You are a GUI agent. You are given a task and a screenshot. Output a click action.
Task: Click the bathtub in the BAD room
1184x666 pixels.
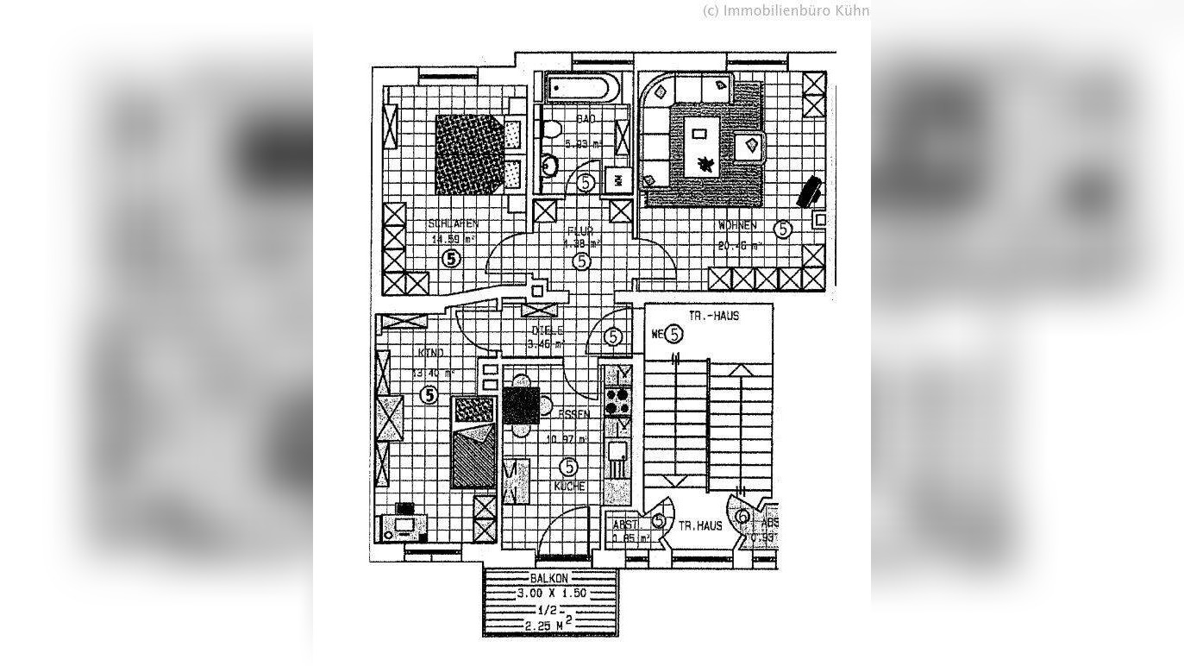[579, 88]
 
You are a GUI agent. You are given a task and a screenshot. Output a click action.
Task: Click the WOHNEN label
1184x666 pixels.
[737, 226]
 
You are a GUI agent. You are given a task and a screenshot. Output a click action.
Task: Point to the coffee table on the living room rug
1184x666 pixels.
[699, 133]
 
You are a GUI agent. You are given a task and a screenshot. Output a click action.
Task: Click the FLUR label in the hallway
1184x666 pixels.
[579, 230]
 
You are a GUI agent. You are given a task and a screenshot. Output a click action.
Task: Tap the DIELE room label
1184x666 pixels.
[548, 330]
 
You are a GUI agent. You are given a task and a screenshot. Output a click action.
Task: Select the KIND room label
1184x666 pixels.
[430, 353]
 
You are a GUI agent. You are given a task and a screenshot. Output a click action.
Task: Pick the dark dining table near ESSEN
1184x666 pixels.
[521, 405]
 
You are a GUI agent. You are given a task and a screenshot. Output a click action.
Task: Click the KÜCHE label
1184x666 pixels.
[570, 487]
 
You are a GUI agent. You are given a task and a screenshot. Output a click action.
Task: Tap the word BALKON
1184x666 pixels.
[550, 578]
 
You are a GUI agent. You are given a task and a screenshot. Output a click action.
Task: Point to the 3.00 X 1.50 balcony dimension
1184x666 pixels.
[552, 594]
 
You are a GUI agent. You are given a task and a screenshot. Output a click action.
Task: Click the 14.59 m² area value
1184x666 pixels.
[454, 240]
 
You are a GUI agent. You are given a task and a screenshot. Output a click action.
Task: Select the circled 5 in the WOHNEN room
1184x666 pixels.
[782, 229]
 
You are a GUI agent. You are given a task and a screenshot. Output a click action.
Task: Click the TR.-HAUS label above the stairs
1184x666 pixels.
[714, 316]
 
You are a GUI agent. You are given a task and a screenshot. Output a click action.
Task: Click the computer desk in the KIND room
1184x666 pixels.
[403, 525]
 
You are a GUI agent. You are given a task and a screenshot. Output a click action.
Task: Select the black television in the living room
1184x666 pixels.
[809, 191]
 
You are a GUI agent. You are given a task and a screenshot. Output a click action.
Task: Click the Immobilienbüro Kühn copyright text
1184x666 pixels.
[786, 10]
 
